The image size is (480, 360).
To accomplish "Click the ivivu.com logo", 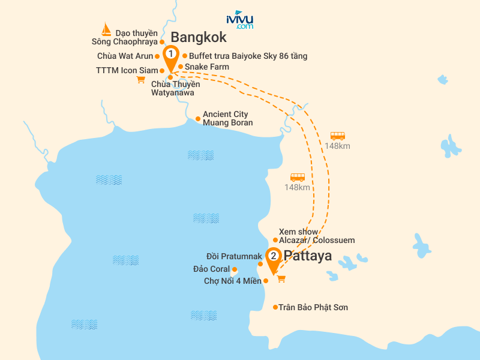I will point(240,20).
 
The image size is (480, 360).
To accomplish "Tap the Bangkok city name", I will point(198,37).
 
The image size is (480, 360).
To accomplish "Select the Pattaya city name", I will point(307,256).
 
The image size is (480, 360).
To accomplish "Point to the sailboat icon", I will point(106,29).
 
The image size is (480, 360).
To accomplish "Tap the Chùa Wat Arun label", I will point(125,56).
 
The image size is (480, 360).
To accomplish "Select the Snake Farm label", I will point(206,67).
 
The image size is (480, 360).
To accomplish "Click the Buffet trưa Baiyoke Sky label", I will point(248,56).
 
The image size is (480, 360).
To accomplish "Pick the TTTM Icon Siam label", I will point(126,70).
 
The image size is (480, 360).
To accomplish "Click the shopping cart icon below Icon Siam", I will point(141,79).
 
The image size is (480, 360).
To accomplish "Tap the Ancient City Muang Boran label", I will point(227,118).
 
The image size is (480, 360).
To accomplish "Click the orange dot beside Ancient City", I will point(198,119).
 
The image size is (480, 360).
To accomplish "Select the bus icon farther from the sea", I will point(338,136).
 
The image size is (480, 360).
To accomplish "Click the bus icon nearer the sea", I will point(298,178).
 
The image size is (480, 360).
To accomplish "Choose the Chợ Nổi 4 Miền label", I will point(233,281).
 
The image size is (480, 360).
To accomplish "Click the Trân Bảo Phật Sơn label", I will point(313,307).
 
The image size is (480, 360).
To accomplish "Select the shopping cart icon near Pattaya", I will point(281,278).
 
